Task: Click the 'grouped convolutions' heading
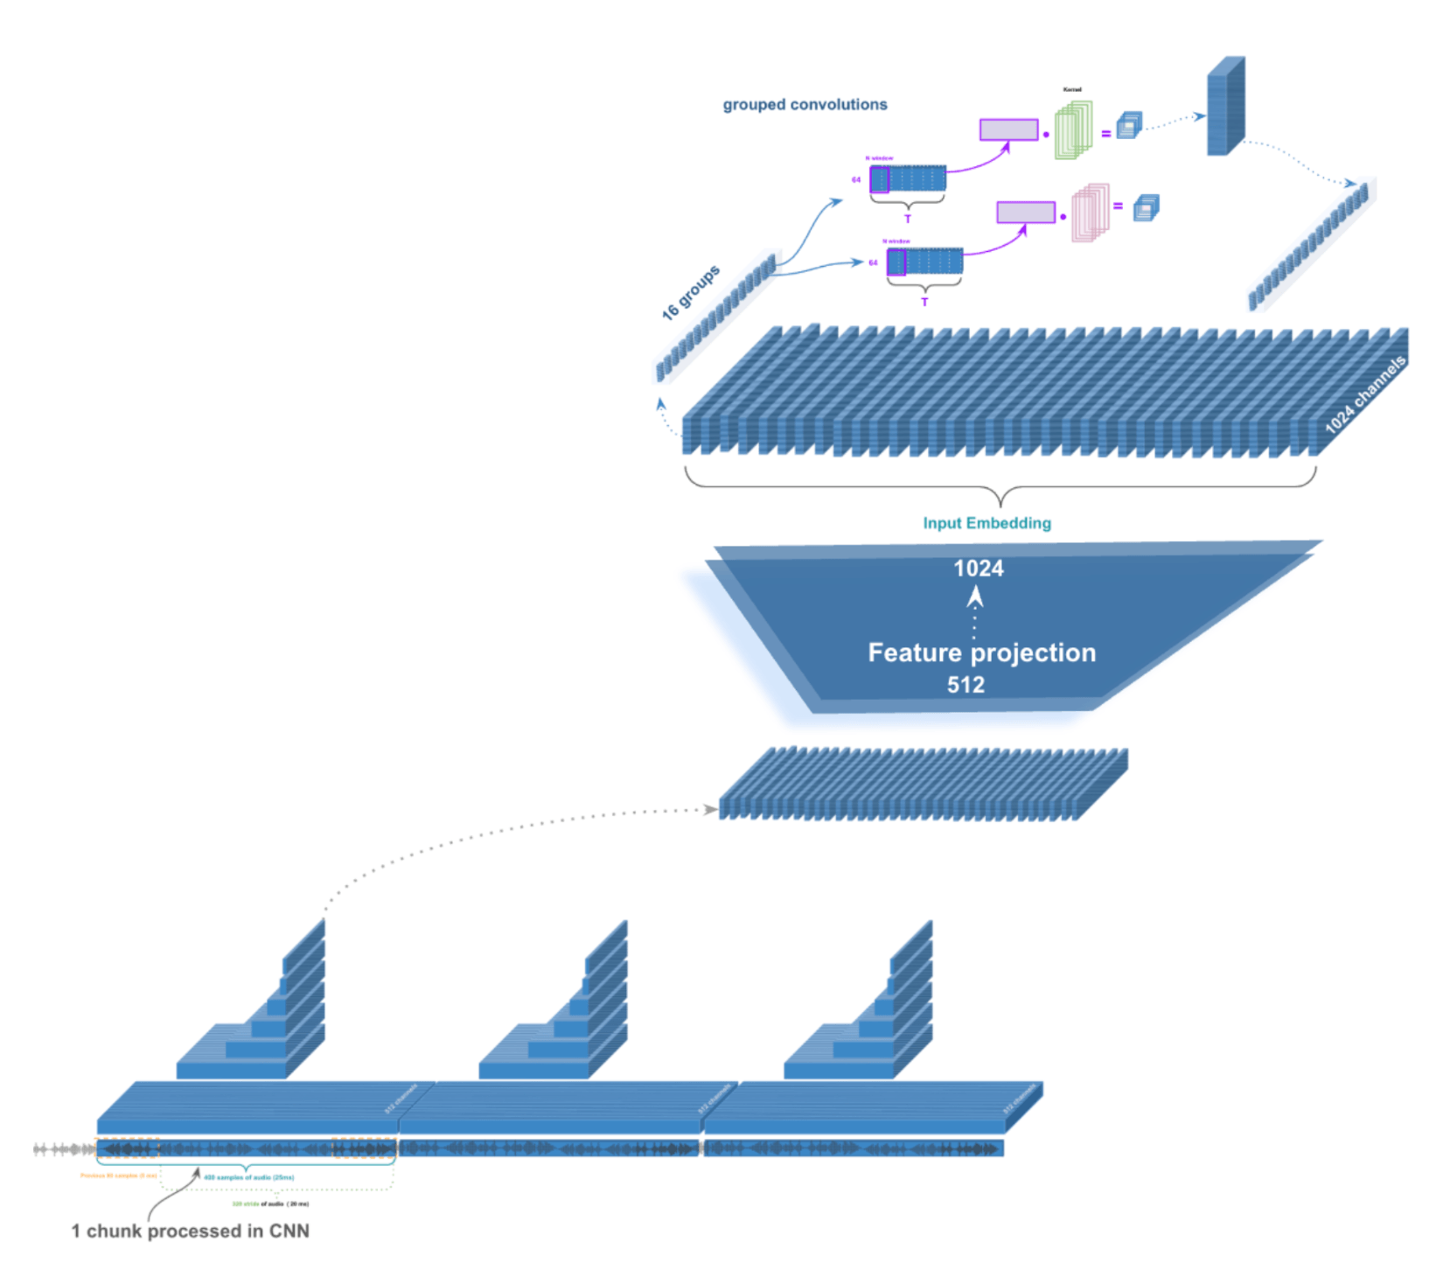point(805,105)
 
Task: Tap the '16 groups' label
point(690,292)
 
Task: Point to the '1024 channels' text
point(1364,395)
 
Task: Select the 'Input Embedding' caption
point(986,523)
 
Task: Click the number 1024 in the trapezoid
point(978,569)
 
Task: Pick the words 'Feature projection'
point(981,652)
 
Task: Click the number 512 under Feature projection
point(965,685)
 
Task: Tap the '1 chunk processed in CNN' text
point(190,1231)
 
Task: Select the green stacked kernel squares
point(1073,130)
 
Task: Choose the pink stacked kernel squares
point(1091,213)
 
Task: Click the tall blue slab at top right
point(1225,107)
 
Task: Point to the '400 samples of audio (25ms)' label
point(249,1177)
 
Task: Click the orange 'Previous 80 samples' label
point(118,1176)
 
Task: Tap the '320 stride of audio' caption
point(270,1204)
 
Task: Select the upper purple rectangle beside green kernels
point(1008,129)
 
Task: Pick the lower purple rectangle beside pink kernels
point(1026,212)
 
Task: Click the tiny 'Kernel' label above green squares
point(1072,89)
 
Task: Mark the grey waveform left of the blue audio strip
point(63,1149)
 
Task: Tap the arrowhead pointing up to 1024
point(975,597)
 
